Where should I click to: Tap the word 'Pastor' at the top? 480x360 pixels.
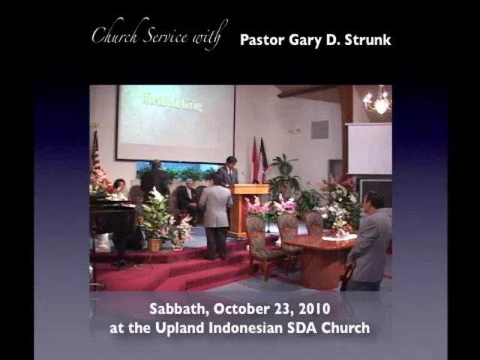pyautogui.click(x=262, y=40)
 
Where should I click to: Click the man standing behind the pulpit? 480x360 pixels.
pyautogui.click(x=230, y=172)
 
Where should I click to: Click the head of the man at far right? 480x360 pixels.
pyautogui.click(x=375, y=201)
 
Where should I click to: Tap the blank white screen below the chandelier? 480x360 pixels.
pyautogui.click(x=368, y=148)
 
